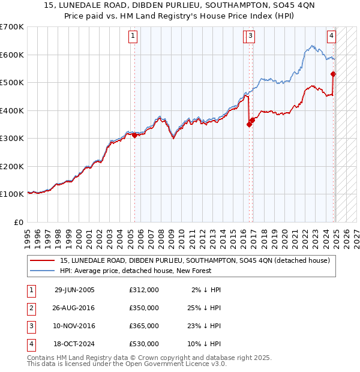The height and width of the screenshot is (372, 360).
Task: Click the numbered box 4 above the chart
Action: (x=331, y=35)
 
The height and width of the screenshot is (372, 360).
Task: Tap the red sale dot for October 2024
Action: (x=334, y=74)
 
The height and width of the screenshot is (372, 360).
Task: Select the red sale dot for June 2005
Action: (x=134, y=135)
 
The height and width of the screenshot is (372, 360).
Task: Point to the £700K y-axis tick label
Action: (x=12, y=27)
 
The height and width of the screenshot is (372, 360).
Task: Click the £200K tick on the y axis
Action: (x=12, y=166)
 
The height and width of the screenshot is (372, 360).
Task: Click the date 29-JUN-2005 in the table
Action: (x=74, y=290)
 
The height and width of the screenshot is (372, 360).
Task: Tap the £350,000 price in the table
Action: (x=144, y=308)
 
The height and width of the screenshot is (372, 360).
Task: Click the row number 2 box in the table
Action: (x=30, y=308)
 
